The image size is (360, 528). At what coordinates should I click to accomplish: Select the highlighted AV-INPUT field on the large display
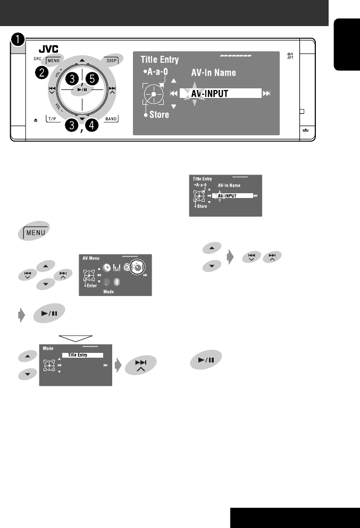click(220, 93)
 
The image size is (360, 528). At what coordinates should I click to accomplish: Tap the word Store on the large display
click(159, 114)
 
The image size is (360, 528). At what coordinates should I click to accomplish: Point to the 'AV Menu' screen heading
click(91, 258)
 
